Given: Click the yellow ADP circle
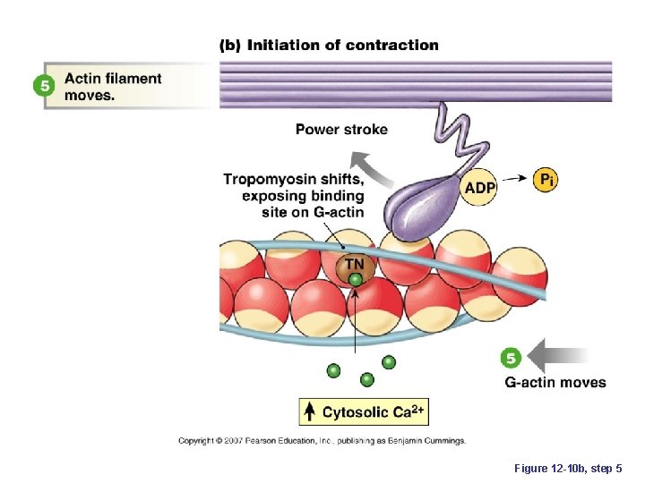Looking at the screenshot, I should [480, 187].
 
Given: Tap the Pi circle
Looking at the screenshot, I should [546, 180].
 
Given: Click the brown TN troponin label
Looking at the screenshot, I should [356, 264].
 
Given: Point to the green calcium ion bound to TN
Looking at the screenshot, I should [356, 280].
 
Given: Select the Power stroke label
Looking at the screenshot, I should [341, 130].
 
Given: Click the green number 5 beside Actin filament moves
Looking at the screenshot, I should [42, 86].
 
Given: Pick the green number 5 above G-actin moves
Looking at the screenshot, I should [510, 359].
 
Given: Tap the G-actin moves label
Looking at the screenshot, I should [555, 383].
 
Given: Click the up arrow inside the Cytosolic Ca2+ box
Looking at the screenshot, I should [309, 411].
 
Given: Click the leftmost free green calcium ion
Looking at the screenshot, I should [334, 369].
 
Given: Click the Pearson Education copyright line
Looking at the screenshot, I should [322, 441].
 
